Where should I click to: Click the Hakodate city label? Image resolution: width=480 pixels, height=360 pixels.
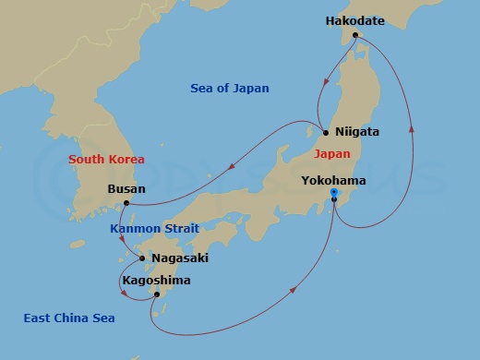(354, 19)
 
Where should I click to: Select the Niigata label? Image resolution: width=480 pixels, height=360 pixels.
(357, 132)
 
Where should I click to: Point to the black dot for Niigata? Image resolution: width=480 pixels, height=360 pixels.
(325, 132)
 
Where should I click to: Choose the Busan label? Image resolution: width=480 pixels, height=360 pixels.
(126, 189)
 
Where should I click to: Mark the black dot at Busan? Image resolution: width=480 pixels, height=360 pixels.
(126, 203)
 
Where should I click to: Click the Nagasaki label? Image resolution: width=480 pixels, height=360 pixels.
(181, 258)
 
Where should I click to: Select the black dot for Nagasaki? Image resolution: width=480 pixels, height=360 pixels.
(141, 258)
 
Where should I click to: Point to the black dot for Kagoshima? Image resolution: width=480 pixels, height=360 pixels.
(157, 294)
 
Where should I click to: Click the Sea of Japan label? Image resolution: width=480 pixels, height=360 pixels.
(230, 89)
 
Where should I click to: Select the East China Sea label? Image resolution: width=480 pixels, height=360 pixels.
(69, 318)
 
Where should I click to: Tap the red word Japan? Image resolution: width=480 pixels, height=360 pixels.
(331, 154)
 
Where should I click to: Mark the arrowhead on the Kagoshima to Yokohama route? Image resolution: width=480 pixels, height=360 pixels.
(294, 291)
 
